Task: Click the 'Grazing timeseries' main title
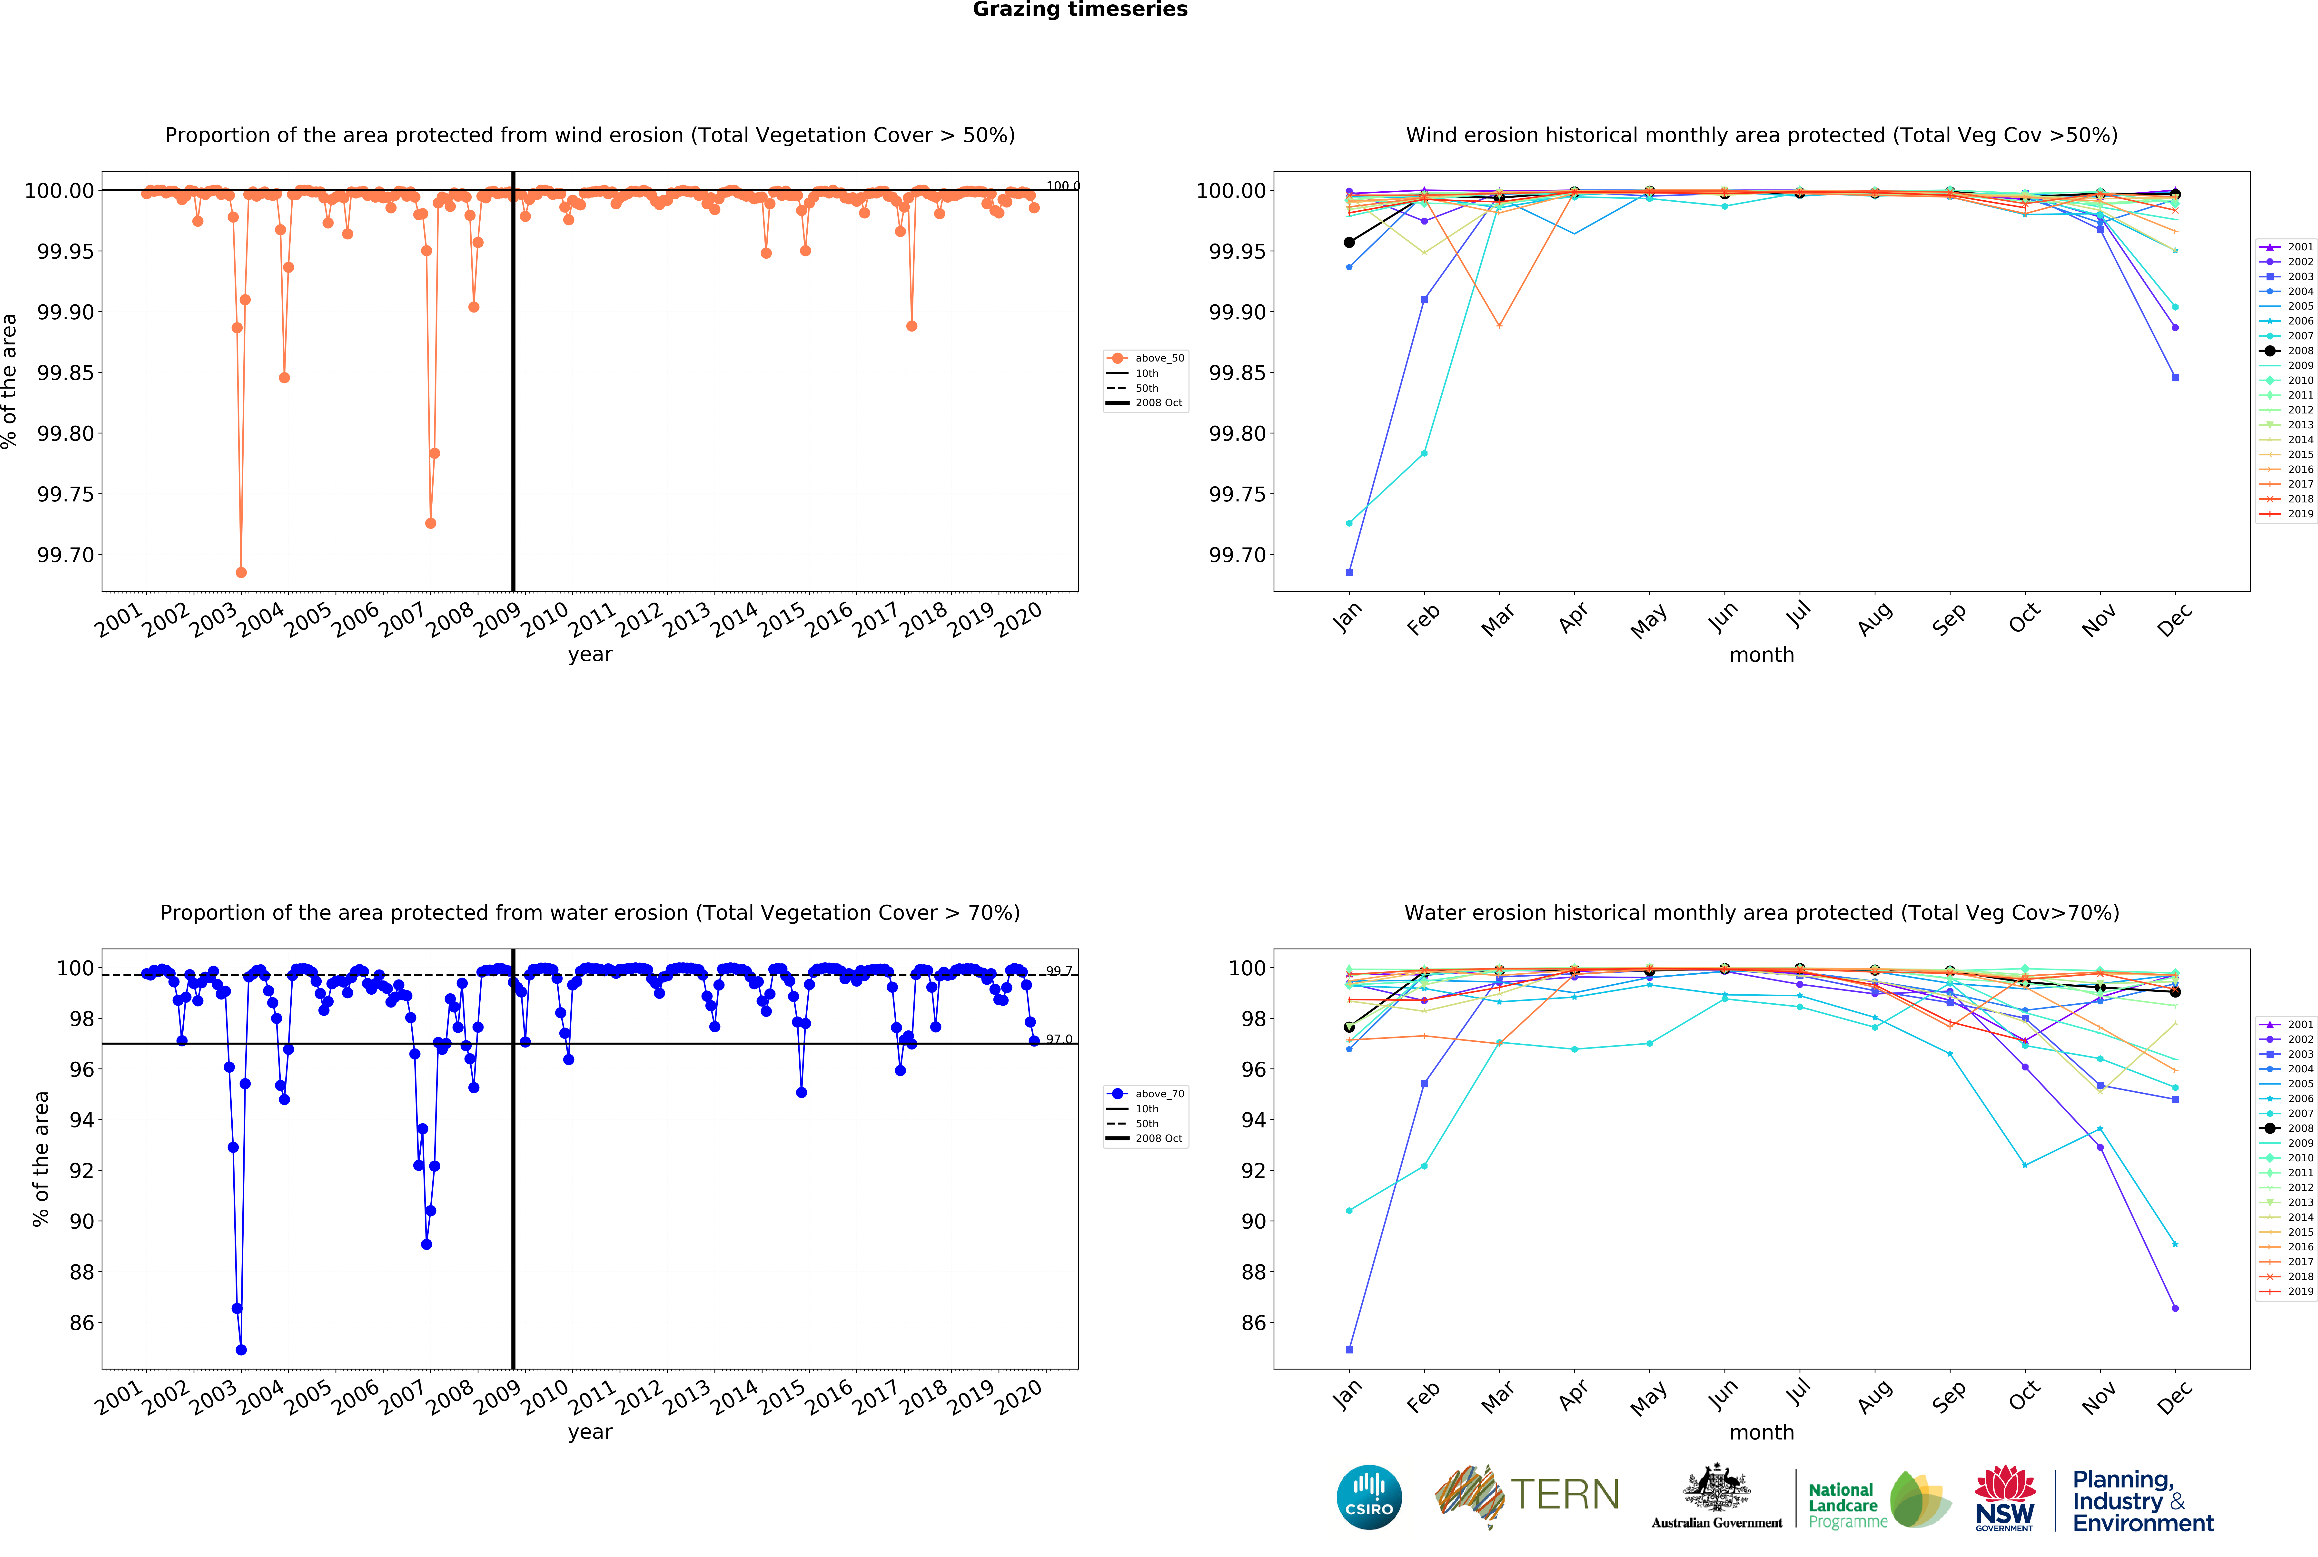pyautogui.click(x=1080, y=10)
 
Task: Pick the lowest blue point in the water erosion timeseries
pyautogui.click(x=241, y=1350)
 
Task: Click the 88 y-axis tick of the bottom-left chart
pyautogui.click(x=81, y=1272)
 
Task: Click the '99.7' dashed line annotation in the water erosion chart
pyautogui.click(x=1059, y=971)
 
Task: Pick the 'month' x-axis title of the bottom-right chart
pyautogui.click(x=1762, y=1433)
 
